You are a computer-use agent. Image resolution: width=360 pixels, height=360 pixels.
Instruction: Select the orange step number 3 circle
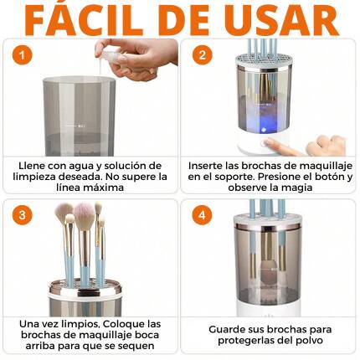coord(23,214)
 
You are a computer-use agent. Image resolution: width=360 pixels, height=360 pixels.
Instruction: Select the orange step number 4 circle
coord(201,214)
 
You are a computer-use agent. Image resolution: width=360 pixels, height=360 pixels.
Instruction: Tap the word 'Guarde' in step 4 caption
coord(225,329)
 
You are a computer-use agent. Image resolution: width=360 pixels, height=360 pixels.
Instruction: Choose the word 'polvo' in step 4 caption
coord(306,340)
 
